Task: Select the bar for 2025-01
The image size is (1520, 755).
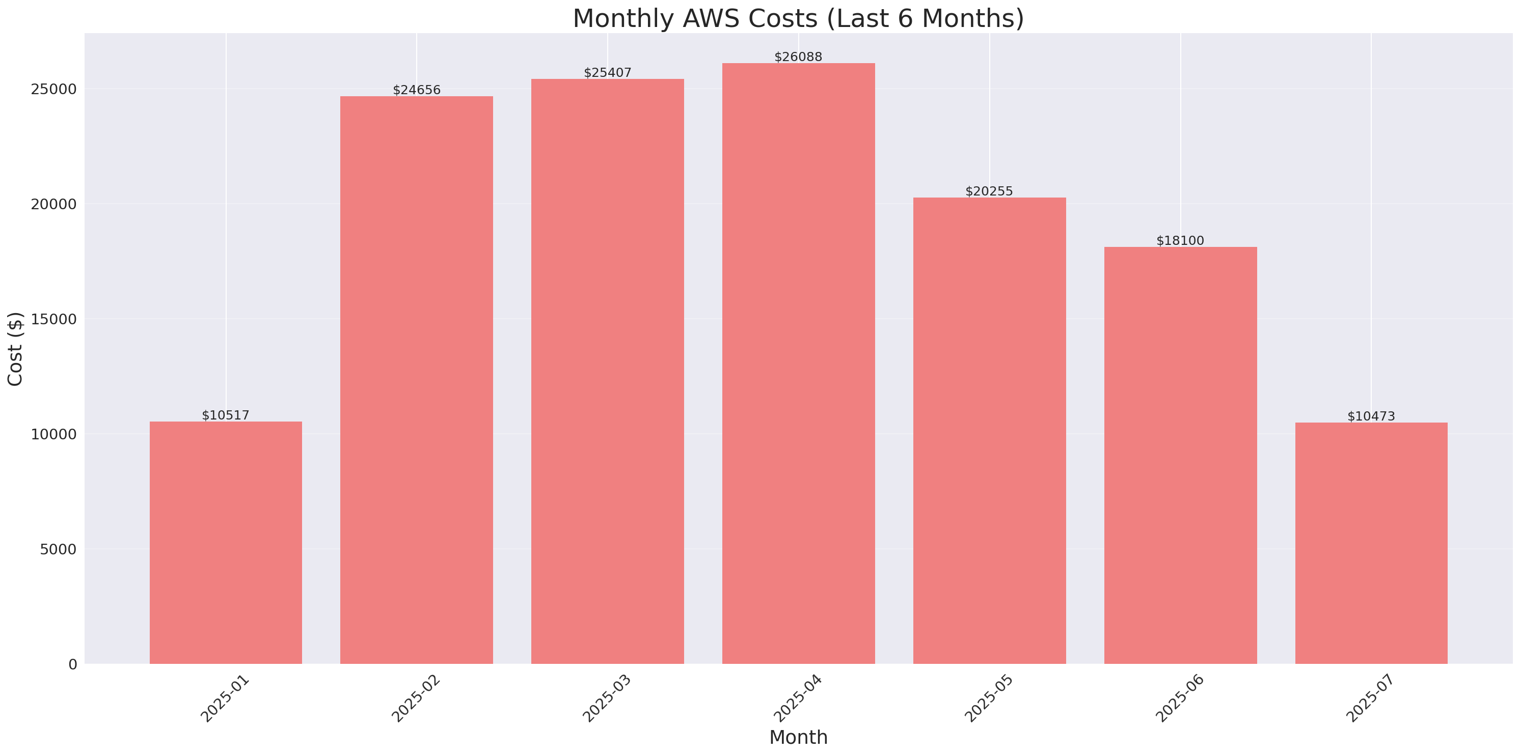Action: pos(226,543)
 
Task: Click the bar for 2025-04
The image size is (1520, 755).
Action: pos(798,363)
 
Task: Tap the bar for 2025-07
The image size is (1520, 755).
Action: pos(1371,543)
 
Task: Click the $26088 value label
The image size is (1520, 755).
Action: pos(798,57)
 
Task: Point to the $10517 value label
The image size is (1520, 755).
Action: pos(226,415)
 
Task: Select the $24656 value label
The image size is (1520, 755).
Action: pos(417,90)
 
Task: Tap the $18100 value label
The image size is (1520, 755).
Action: pos(1180,241)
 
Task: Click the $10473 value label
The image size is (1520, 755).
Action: pos(1371,416)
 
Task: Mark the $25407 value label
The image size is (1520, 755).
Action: pos(607,73)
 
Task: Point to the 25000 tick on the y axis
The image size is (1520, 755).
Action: pos(53,89)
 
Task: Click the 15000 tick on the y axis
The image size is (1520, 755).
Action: pos(53,319)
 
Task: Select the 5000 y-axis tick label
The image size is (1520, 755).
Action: pos(58,549)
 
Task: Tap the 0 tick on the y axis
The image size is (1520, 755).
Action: pos(72,665)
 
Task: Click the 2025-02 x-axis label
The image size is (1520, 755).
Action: pos(416,698)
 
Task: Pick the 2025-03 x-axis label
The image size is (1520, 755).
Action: pos(607,698)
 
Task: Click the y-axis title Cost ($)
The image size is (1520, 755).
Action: pos(15,349)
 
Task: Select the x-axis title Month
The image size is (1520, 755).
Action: pos(798,737)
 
